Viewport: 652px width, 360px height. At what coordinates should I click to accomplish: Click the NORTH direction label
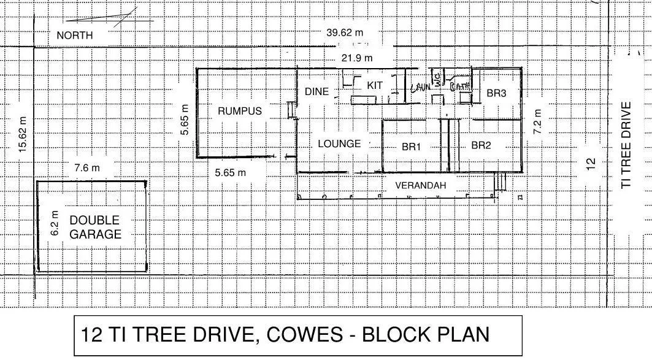74,36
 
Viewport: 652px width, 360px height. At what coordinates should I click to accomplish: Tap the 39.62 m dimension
345,33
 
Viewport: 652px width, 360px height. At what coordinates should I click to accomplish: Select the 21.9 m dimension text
357,58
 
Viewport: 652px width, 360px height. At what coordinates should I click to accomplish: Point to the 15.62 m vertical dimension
23,135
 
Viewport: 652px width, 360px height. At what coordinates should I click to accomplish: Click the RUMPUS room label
240,111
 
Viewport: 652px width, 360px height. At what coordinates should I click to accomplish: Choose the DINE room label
316,92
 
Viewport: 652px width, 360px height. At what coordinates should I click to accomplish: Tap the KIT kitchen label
375,86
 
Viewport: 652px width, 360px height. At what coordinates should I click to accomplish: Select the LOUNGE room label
339,144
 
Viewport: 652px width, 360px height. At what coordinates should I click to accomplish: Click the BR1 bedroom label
411,147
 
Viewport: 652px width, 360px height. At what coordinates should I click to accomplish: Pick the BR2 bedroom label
482,145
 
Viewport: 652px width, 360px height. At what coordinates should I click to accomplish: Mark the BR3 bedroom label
496,93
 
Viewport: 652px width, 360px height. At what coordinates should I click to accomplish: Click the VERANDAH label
420,185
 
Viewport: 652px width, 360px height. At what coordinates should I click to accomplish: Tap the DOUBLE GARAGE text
94,227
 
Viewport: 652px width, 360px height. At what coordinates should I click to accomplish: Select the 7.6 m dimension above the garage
86,167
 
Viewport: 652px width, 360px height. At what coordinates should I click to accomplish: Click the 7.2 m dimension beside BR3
537,121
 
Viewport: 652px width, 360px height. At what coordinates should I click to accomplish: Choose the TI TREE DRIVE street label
626,145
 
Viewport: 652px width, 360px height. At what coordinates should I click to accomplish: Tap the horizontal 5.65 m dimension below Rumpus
231,173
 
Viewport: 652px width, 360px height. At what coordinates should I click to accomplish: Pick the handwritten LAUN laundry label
421,88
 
